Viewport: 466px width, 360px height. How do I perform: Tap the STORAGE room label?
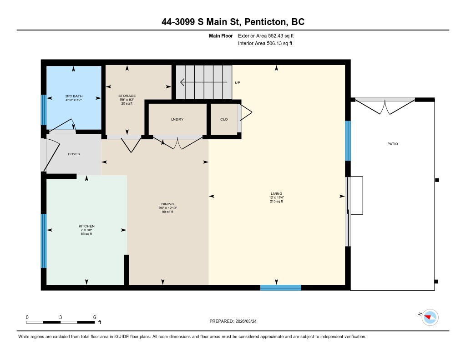click(127, 96)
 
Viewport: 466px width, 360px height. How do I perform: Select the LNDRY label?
click(177, 119)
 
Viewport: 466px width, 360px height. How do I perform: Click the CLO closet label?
click(223, 119)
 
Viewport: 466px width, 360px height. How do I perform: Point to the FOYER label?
click(74, 154)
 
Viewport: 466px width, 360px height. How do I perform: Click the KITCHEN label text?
click(86, 226)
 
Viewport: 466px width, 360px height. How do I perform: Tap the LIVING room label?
click(277, 193)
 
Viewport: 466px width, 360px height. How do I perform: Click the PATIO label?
click(392, 143)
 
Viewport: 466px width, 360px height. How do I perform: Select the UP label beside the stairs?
click(237, 83)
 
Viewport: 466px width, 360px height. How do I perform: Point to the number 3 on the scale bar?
click(61, 317)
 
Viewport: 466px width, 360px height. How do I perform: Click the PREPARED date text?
click(236, 321)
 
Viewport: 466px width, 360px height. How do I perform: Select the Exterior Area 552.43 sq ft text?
click(269, 35)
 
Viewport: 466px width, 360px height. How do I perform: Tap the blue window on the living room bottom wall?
click(280, 287)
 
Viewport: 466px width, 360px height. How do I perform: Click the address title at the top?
click(233, 22)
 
